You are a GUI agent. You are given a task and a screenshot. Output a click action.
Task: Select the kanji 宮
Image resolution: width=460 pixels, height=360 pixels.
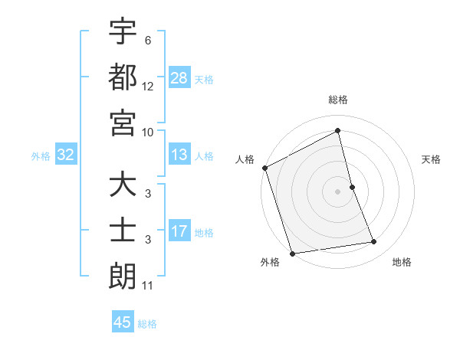(123, 123)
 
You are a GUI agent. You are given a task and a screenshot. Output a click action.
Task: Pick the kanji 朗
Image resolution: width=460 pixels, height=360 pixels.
(123, 277)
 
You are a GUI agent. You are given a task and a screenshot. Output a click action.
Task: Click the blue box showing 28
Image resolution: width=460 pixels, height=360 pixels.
(179, 77)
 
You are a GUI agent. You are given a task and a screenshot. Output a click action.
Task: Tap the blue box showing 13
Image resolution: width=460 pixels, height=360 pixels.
(179, 155)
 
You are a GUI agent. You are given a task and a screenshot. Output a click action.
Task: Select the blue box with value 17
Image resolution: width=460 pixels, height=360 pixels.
(179, 231)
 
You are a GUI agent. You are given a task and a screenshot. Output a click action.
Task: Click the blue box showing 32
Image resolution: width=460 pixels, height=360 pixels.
(65, 155)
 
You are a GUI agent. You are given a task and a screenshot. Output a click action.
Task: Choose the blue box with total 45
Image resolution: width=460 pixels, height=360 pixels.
(123, 322)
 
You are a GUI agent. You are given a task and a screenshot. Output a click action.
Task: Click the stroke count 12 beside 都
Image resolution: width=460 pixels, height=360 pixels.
(148, 86)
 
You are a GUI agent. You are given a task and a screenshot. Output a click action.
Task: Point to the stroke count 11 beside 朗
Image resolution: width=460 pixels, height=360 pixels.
(148, 286)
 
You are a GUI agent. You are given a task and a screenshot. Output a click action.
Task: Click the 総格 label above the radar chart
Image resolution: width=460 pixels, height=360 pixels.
(338, 100)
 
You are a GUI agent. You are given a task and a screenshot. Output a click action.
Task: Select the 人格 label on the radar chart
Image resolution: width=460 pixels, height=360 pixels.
(245, 159)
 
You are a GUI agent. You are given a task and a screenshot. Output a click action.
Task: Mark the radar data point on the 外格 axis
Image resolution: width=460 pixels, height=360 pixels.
(292, 253)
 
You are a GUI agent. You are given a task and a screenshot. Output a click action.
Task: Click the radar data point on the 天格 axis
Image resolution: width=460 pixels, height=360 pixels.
(352, 186)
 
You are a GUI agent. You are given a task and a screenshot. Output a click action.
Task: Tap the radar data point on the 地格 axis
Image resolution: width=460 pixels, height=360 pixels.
(374, 242)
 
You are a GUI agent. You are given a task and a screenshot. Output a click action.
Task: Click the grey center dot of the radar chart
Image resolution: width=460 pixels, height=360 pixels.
(337, 191)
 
